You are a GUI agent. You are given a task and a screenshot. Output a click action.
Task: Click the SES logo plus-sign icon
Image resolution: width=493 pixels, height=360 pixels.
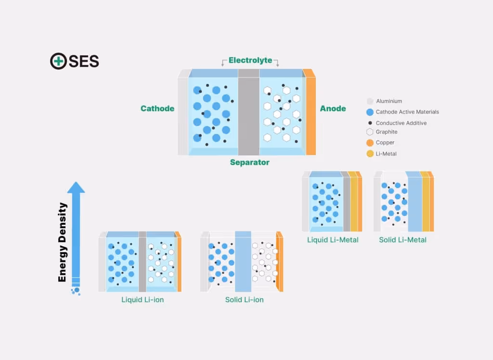[58, 61]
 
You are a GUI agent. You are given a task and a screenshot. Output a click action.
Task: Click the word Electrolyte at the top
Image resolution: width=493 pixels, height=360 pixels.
[250, 60]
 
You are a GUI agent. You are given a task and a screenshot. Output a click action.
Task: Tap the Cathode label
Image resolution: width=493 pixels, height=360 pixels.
[157, 108]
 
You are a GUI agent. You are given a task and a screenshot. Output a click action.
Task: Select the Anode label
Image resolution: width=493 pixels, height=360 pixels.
[333, 108]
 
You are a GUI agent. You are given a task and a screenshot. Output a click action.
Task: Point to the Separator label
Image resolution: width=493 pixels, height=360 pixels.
[249, 162]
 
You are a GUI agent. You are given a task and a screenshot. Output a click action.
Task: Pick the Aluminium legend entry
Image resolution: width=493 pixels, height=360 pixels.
[389, 101]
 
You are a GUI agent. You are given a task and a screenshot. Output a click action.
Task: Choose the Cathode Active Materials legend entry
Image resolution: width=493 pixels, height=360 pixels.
[407, 112]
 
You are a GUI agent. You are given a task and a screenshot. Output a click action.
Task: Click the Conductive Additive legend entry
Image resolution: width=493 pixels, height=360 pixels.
[401, 123]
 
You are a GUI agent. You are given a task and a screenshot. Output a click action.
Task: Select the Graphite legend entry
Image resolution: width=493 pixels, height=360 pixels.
[387, 131]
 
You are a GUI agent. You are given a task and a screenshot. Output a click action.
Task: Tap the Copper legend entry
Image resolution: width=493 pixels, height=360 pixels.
[385, 142]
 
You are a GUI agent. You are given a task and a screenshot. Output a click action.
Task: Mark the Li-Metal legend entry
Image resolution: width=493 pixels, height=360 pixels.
[386, 154]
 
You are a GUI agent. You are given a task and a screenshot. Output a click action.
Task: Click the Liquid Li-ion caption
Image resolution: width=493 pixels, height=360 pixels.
[142, 299]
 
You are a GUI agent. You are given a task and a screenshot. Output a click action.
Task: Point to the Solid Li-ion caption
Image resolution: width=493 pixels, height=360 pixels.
[244, 299]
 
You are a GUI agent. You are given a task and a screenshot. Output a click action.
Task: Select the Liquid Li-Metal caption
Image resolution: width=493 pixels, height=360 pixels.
[333, 239]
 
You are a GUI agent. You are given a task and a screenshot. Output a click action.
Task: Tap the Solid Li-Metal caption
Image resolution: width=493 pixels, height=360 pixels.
[402, 239]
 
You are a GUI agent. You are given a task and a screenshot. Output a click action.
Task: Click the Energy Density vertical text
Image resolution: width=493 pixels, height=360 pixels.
[62, 242]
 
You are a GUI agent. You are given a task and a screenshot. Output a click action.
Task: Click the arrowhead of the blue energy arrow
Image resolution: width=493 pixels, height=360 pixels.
[76, 188]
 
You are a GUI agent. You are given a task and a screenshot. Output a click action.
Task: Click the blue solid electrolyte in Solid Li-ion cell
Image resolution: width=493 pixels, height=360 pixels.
[243, 262]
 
